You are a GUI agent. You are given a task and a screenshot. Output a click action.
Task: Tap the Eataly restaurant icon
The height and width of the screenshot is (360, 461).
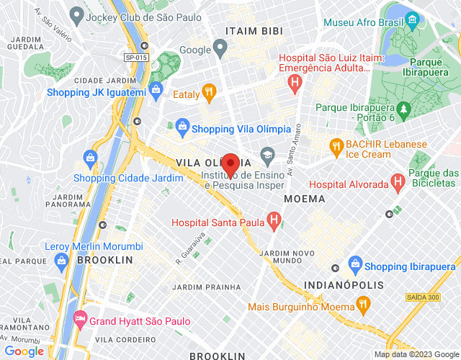[x=209, y=91]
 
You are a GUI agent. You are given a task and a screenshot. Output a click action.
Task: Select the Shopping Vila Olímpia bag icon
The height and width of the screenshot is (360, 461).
[x=182, y=127]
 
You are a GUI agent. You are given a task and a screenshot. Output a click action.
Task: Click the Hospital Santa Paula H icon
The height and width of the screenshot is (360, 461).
[x=274, y=219]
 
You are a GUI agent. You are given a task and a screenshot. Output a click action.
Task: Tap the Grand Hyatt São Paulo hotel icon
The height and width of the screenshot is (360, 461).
[x=79, y=318]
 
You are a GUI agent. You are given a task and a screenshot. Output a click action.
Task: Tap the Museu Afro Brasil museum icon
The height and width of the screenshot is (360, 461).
[x=412, y=19]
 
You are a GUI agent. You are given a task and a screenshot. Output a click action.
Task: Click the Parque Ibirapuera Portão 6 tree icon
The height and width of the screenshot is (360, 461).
[x=404, y=110]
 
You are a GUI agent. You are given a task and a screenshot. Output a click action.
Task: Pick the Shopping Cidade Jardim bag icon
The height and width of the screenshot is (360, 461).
[x=90, y=156]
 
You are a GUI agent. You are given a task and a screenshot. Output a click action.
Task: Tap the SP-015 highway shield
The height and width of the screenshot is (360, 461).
[x=135, y=58]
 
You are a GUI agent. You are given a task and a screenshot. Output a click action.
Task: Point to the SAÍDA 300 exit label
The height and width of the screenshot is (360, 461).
[x=423, y=297]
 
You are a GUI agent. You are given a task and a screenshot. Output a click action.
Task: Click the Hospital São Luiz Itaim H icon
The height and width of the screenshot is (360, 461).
[x=294, y=84]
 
